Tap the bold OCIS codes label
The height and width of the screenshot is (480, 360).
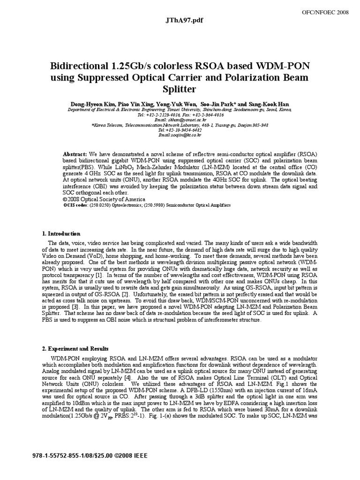pos(75,205)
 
